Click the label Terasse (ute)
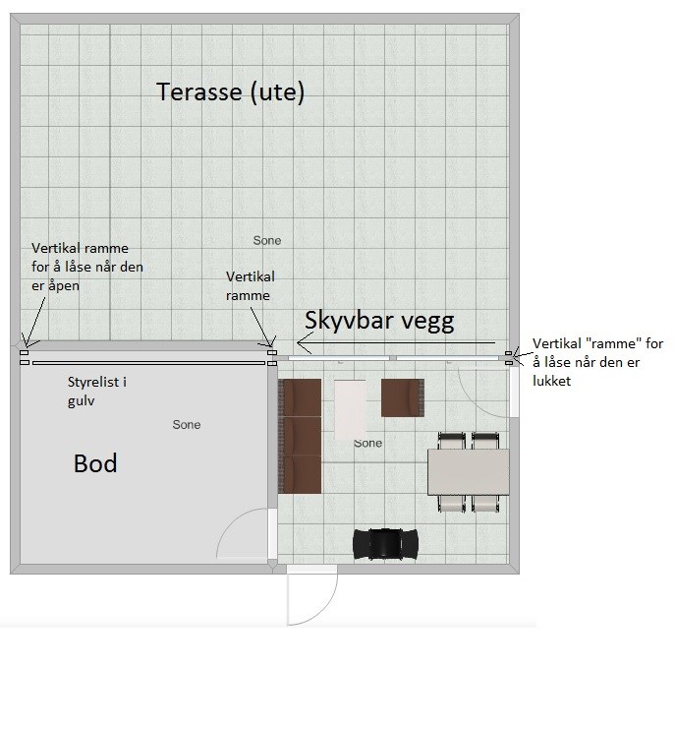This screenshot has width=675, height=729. [230, 91]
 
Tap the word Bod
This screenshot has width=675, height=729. [95, 463]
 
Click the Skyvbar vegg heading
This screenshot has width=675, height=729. [379, 322]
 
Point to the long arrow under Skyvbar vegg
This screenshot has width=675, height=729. [396, 343]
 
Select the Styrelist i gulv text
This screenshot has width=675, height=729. [97, 391]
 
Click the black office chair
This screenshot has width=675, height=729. [385, 543]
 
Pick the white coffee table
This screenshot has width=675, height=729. [350, 409]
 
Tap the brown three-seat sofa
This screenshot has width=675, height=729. [300, 436]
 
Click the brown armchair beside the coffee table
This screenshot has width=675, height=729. [403, 398]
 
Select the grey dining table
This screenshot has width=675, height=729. [468, 472]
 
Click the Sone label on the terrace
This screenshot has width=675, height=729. [267, 240]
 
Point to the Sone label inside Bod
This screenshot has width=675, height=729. [187, 424]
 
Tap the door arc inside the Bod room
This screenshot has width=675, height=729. [231, 521]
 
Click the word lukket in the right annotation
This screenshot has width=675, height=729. [551, 382]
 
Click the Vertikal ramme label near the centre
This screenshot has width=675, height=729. [251, 286]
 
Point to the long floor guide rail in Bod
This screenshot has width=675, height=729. [148, 363]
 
